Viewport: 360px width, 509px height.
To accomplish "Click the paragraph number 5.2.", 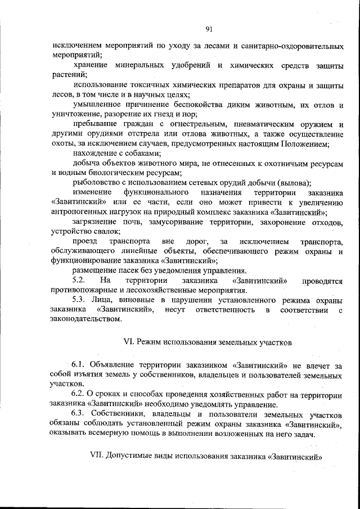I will click(x=78, y=280).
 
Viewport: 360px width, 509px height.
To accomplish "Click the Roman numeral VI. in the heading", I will click(x=127, y=341).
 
